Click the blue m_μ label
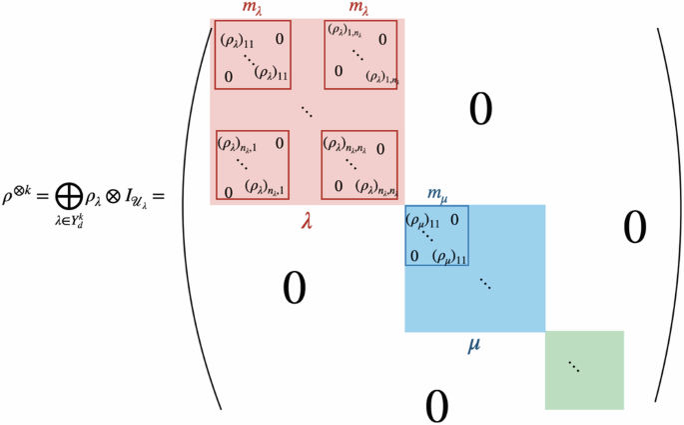pyautogui.click(x=436, y=193)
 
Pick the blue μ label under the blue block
pyautogui.click(x=475, y=345)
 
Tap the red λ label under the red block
pyautogui.click(x=308, y=221)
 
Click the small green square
pyautogui.click(x=584, y=370)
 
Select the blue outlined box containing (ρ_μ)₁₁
pyautogui.click(x=436, y=236)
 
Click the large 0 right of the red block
pyautogui.click(x=481, y=110)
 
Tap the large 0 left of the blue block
pyautogui.click(x=294, y=289)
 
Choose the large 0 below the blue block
pyautogui.click(x=435, y=405)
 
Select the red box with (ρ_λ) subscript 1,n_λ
pyautogui.click(x=360, y=55)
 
